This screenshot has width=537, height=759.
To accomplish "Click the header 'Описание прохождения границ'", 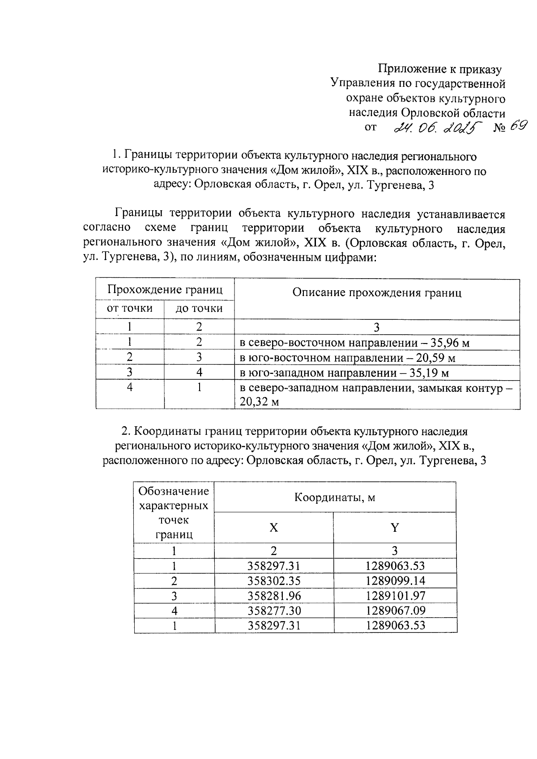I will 377,293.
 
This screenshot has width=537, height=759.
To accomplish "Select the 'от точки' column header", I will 129,308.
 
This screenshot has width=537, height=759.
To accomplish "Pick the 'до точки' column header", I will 199,308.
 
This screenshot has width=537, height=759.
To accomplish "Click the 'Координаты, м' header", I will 335,497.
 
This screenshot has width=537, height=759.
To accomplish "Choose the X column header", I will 274,528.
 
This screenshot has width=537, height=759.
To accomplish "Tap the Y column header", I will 395,528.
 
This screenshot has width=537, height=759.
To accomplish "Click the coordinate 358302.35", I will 274,581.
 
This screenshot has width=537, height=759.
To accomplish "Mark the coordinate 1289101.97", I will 395,596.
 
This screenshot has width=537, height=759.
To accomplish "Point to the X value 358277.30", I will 274,611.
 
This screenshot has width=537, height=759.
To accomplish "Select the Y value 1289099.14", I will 395,581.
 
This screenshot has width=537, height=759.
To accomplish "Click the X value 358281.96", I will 274,596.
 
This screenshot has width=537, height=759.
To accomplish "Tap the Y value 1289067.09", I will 395,611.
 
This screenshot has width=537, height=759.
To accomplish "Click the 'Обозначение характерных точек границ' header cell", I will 174,513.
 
